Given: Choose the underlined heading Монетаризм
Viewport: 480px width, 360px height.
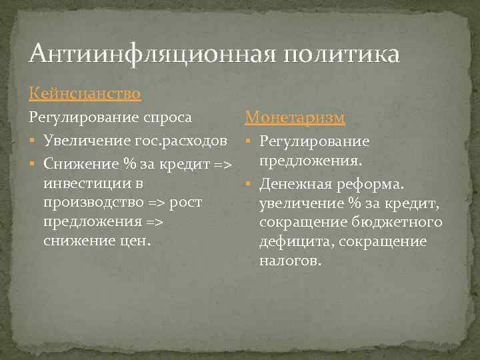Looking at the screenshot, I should [x=295, y=117].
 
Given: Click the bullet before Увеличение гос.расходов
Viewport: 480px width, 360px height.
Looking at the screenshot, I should [x=33, y=141].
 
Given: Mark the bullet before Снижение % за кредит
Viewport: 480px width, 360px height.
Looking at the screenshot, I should [x=33, y=164].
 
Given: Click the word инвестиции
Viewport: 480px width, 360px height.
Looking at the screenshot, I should [x=85, y=182].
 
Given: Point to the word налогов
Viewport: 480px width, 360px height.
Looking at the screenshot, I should [x=290, y=261].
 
